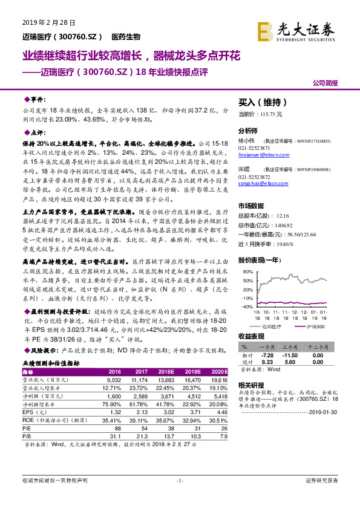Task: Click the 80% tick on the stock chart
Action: click(x=247, y=272)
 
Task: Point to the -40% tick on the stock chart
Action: click(x=246, y=306)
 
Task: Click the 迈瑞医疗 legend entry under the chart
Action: click(x=275, y=327)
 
